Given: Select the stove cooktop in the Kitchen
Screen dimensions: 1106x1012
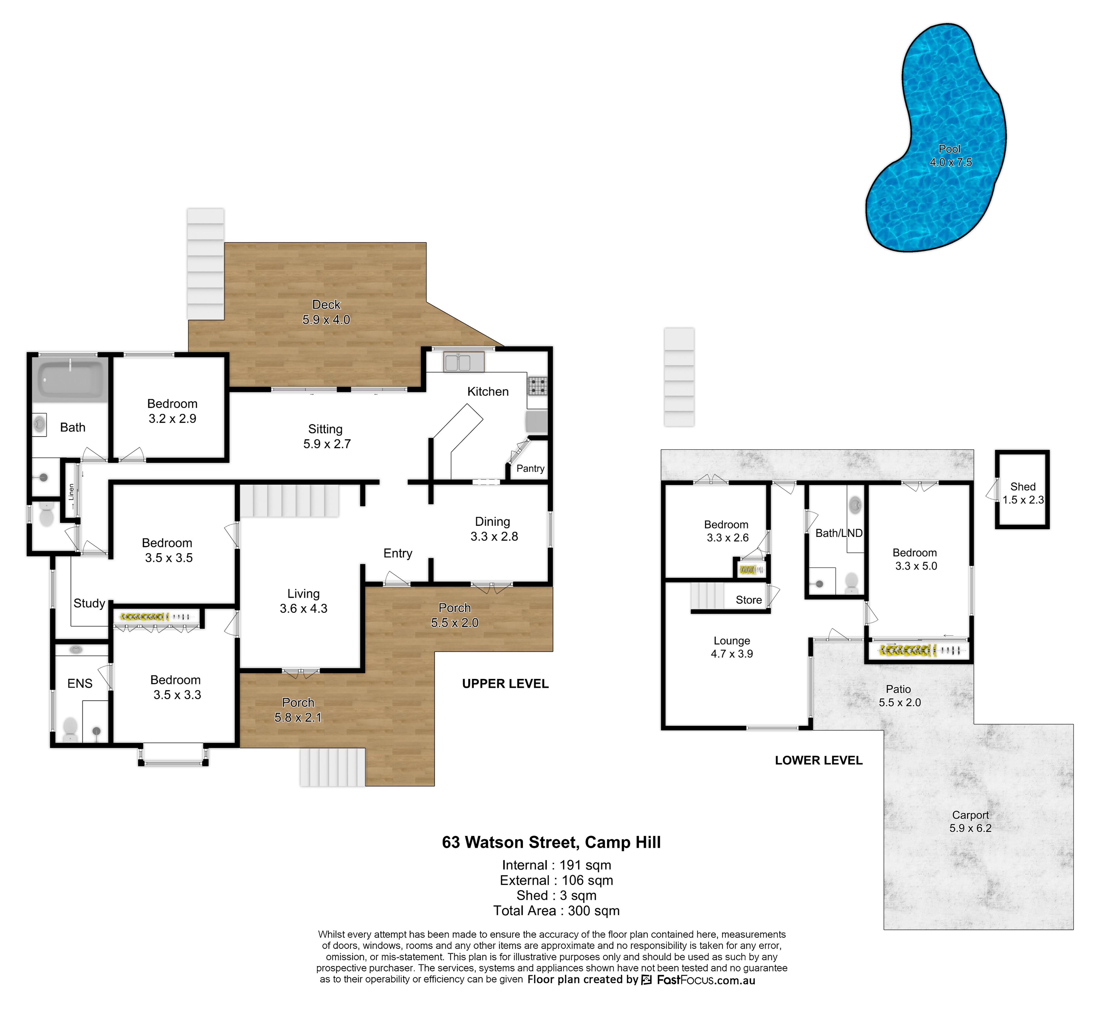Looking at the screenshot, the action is tap(538, 386).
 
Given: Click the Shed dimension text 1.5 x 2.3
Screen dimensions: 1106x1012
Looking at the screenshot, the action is tap(1023, 500).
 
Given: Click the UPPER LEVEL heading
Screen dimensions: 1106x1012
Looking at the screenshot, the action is tap(505, 684).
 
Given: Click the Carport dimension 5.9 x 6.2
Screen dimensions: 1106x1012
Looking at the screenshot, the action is tap(970, 828).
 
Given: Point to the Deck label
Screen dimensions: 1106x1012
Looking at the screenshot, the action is tap(326, 305).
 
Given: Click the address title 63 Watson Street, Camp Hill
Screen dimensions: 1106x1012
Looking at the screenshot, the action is tap(551, 842).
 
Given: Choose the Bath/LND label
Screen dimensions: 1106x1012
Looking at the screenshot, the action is tap(839, 533).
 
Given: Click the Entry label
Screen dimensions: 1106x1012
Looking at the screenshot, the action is tap(398, 553).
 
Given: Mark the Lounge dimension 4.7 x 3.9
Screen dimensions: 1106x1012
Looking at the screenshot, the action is tap(732, 654).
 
